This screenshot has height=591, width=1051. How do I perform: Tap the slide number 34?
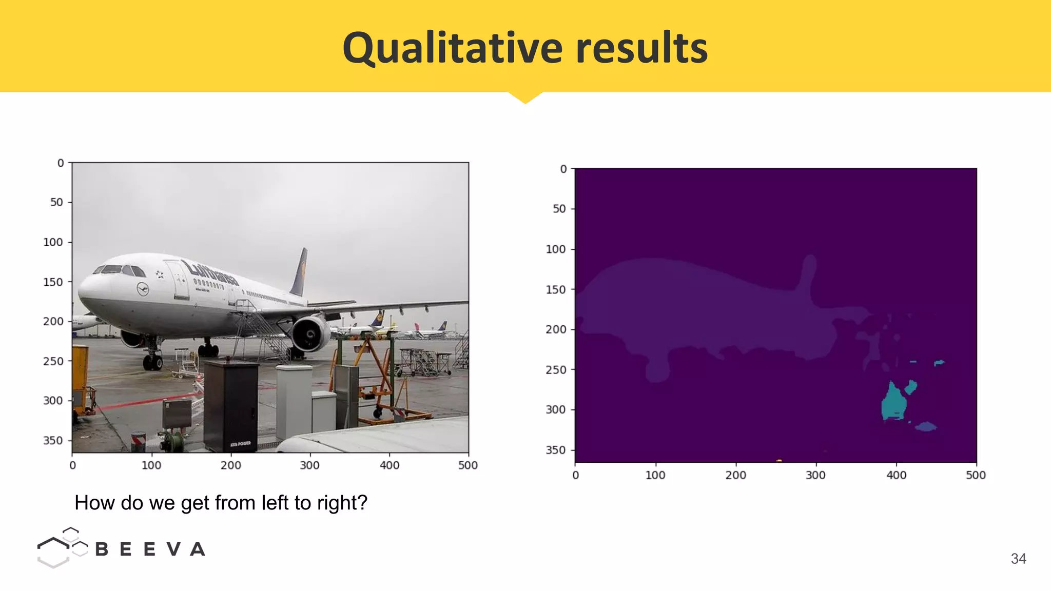(1018, 559)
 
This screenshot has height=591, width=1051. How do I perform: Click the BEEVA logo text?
(150, 549)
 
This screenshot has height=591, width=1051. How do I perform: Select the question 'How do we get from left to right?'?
(221, 503)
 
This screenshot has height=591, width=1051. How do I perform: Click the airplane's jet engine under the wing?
(311, 334)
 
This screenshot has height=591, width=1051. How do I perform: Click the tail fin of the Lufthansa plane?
(300, 272)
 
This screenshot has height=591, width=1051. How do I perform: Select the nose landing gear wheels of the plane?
(152, 362)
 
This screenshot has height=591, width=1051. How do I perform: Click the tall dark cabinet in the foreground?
(230, 405)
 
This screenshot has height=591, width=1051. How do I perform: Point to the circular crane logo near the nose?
(143, 289)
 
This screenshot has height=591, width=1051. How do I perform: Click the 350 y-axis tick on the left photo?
(53, 441)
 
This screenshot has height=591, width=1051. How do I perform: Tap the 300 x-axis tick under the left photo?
(309, 465)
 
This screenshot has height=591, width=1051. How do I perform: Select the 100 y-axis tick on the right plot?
(556, 249)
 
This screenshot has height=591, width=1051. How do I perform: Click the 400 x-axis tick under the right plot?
(896, 475)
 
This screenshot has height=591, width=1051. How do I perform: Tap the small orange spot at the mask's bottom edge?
(779, 461)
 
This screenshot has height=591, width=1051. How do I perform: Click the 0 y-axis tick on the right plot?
(563, 169)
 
